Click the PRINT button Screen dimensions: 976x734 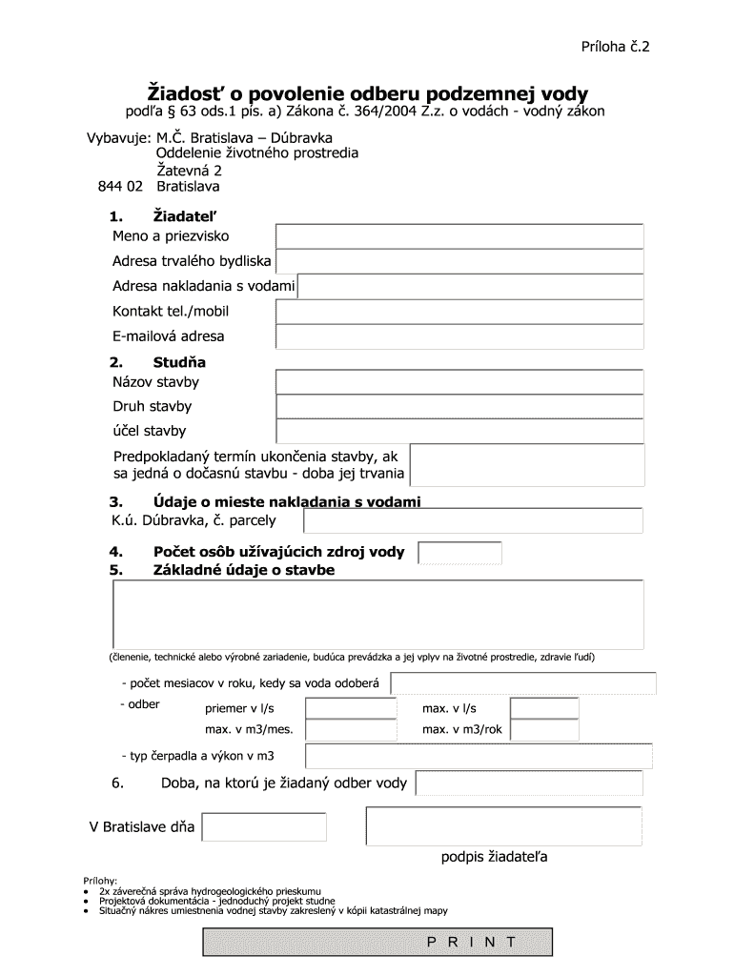point(472,942)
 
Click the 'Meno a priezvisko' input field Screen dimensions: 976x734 point(459,236)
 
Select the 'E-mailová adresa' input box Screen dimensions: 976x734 point(459,336)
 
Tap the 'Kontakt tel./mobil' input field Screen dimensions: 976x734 point(459,312)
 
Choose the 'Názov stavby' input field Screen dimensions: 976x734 point(459,382)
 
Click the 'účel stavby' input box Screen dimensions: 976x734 point(459,431)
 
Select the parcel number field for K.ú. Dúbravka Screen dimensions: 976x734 point(473,520)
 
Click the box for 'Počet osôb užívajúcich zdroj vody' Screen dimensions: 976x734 point(460,552)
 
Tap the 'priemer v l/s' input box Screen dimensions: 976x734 point(351,708)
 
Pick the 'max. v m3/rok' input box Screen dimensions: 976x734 point(544,729)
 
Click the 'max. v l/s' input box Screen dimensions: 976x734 point(544,708)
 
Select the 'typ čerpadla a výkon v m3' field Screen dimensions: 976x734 point(479,757)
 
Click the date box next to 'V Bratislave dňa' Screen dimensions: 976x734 point(264,826)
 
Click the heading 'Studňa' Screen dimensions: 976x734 point(179,362)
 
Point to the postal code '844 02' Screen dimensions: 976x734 point(120,186)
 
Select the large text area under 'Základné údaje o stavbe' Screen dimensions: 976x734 point(377,614)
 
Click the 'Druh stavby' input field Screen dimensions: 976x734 point(459,407)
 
